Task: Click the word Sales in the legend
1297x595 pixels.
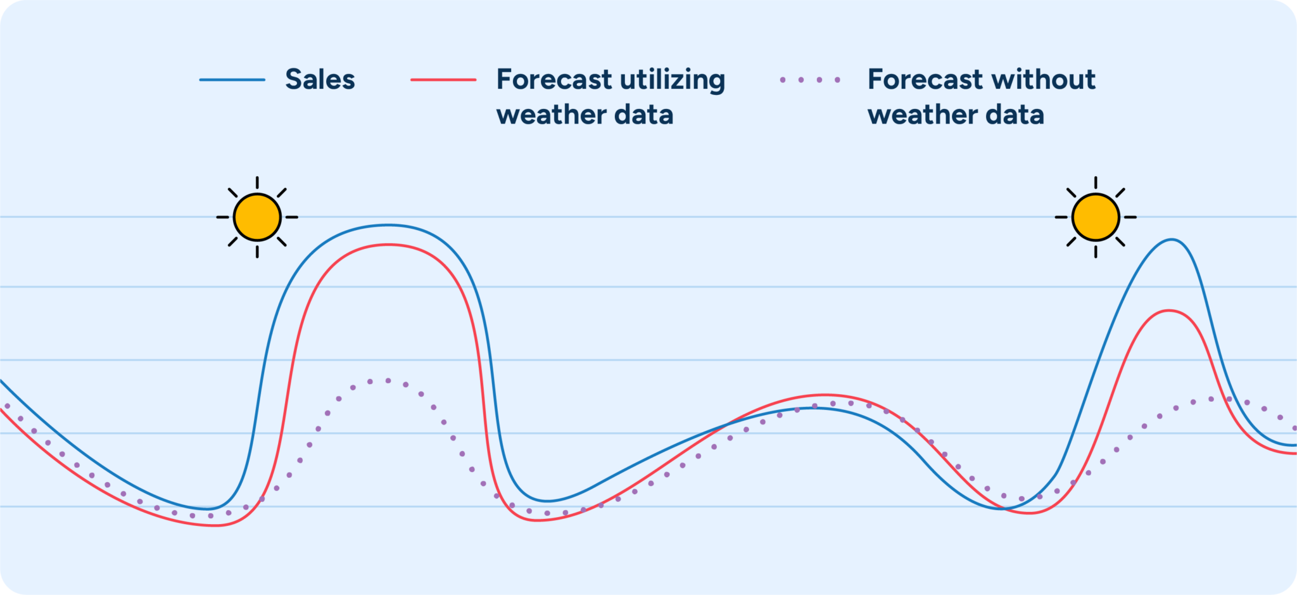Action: point(320,80)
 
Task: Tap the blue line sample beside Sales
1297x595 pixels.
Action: point(232,80)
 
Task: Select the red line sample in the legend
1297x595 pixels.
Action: point(443,80)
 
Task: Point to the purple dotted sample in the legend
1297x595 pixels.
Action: point(810,80)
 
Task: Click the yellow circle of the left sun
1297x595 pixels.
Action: point(257,217)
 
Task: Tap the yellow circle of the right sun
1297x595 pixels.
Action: point(1096,217)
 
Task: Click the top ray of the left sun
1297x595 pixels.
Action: point(257,182)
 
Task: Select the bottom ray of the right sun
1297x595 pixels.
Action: point(1096,252)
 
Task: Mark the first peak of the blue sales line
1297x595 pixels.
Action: point(388,225)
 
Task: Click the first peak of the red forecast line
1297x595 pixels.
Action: point(388,245)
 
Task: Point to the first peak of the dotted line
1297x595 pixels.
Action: point(388,381)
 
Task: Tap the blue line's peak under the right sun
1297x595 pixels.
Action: point(1172,240)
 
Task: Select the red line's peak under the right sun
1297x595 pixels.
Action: point(1168,310)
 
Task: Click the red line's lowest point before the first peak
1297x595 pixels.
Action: point(215,525)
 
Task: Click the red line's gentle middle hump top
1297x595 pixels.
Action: point(823,395)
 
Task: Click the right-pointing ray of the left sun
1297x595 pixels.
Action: point(291,217)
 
